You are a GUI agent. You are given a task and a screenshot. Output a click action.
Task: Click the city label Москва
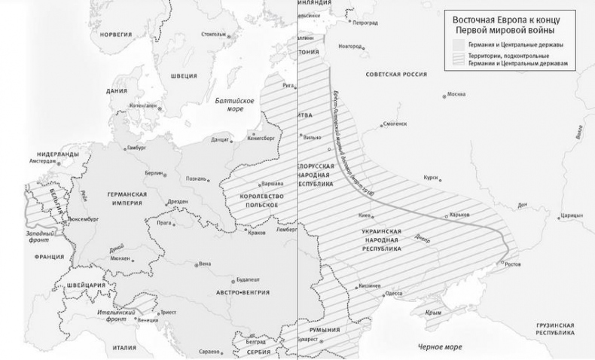[456, 95]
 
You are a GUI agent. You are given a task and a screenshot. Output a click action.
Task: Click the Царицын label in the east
[572, 215]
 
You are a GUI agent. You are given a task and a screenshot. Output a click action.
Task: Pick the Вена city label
[204, 264]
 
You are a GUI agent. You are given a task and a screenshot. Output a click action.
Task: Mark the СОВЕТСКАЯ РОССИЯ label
[396, 75]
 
